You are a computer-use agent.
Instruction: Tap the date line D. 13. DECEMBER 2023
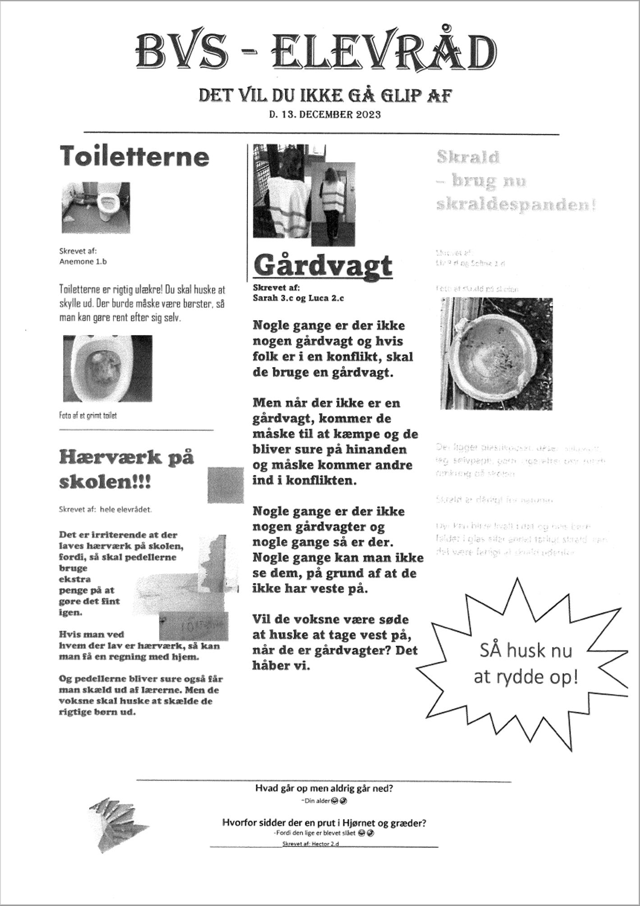click(325, 115)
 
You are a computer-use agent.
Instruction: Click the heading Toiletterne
click(134, 156)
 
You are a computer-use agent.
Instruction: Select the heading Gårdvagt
click(323, 266)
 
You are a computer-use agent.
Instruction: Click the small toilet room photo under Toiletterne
click(96, 207)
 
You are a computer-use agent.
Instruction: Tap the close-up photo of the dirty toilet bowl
click(107, 368)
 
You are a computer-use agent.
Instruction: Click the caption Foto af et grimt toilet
click(88, 416)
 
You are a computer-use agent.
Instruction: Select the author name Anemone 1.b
click(83, 262)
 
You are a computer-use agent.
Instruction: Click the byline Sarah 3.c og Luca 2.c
click(298, 298)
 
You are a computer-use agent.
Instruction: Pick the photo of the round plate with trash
click(496, 354)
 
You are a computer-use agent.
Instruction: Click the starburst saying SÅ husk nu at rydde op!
click(526, 664)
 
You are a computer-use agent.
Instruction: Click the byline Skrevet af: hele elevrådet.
click(105, 510)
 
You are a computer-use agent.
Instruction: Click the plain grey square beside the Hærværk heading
click(225, 485)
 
